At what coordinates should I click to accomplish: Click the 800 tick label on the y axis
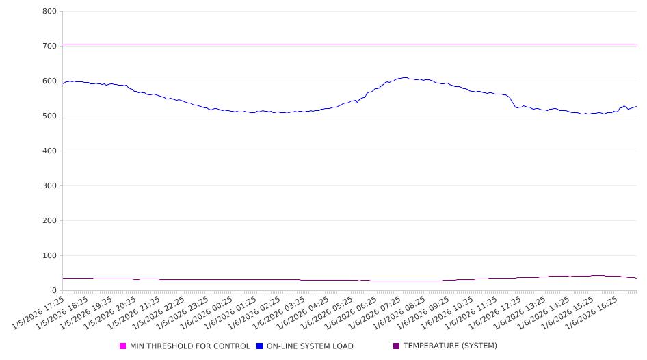click(x=49, y=12)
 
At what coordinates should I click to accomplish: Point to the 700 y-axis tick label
click(x=49, y=47)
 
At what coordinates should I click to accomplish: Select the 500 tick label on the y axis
click(x=49, y=116)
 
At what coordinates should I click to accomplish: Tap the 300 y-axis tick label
click(x=49, y=186)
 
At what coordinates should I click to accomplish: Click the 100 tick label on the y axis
click(x=49, y=256)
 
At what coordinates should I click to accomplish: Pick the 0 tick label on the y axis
click(x=53, y=291)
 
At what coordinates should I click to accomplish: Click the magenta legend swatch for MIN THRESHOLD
click(x=123, y=346)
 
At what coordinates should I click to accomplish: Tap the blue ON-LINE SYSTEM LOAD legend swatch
click(x=260, y=346)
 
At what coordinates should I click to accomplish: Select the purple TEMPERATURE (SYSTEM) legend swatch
click(x=397, y=346)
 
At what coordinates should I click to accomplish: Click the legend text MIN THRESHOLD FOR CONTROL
click(x=189, y=346)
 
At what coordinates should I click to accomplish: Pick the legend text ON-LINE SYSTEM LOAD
click(x=310, y=346)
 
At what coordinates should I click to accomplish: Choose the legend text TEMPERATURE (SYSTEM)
click(x=449, y=346)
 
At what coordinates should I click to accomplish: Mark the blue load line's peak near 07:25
click(x=404, y=77)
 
